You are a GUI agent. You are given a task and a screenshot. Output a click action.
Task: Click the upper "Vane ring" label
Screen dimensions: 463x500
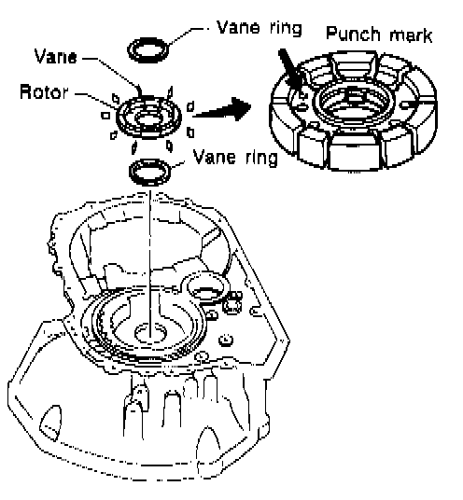[x=260, y=28]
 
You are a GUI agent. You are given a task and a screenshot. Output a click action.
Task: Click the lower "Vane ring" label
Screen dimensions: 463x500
[x=235, y=158]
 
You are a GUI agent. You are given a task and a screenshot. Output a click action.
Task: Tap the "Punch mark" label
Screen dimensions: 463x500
[x=379, y=35]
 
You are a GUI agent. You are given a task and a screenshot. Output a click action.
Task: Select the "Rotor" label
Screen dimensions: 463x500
[x=44, y=91]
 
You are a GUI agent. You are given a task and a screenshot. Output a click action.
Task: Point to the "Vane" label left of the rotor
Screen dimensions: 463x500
[x=55, y=57]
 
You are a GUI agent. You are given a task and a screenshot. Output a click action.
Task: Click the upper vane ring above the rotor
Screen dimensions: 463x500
[x=148, y=49]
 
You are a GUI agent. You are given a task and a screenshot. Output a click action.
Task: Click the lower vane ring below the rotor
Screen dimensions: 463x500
[x=149, y=173]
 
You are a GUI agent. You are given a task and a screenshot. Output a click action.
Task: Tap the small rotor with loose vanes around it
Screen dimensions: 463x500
[x=148, y=117]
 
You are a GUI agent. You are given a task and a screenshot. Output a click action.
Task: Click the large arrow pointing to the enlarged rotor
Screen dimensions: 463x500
[x=222, y=109]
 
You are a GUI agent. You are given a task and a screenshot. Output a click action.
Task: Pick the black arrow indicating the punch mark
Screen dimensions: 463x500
[x=290, y=70]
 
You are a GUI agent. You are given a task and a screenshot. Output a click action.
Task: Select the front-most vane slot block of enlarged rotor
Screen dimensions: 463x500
[x=354, y=152]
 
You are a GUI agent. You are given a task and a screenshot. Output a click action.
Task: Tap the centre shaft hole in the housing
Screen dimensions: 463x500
[x=151, y=334]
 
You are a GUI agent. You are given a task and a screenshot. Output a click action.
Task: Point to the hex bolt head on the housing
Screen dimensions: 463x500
[x=231, y=305]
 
